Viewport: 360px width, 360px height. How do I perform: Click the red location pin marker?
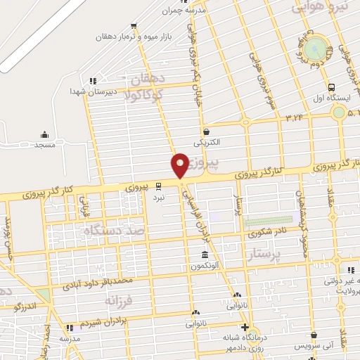pyautogui.click(x=180, y=166)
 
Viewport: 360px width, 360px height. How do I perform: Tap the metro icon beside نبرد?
pyautogui.click(x=159, y=186)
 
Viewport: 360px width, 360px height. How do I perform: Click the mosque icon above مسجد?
pyautogui.click(x=46, y=134)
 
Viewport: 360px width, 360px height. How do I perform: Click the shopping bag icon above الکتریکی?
pyautogui.click(x=206, y=131)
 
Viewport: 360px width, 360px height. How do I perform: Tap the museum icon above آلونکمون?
pyautogui.click(x=205, y=255)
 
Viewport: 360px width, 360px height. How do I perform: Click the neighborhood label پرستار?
pyautogui.click(x=264, y=251)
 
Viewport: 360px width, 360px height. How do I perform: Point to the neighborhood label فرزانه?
pyautogui.click(x=118, y=302)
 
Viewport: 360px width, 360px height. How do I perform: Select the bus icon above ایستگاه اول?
pyautogui.click(x=330, y=86)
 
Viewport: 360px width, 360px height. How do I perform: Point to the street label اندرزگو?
pyautogui.click(x=25, y=307)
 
